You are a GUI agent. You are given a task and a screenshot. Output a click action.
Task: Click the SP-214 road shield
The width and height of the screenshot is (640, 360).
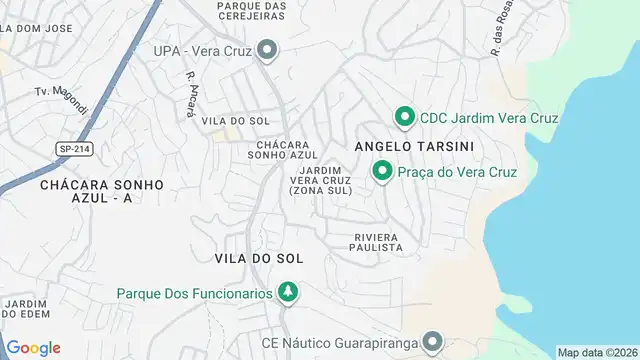[x=75, y=148]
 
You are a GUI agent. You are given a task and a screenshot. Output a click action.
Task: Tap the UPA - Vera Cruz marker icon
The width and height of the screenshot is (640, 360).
[x=266, y=50]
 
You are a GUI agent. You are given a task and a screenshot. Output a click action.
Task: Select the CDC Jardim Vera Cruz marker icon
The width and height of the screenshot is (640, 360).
[x=405, y=118]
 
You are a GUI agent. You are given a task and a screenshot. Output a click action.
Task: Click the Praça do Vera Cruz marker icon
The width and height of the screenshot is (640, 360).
[x=382, y=172]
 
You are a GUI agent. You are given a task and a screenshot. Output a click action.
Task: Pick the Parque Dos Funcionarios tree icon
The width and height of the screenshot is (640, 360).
[x=288, y=293]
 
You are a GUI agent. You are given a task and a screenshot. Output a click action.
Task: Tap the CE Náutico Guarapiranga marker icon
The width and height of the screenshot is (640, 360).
[x=432, y=343]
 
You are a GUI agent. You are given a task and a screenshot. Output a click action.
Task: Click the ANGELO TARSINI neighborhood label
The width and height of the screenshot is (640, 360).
[x=413, y=146]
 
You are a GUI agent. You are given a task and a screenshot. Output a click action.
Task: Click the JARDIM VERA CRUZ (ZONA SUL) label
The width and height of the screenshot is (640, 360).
[x=320, y=180]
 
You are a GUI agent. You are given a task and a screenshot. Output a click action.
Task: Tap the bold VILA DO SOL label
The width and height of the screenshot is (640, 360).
[x=258, y=258]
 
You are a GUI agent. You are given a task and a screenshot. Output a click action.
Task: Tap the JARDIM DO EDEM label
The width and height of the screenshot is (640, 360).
[x=26, y=309]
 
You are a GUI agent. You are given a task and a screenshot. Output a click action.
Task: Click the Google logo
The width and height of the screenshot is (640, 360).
[x=33, y=347]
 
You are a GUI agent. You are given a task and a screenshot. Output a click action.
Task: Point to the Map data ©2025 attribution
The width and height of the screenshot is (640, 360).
[x=597, y=352]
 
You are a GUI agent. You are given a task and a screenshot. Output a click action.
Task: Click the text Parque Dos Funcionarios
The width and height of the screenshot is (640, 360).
[x=194, y=293]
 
